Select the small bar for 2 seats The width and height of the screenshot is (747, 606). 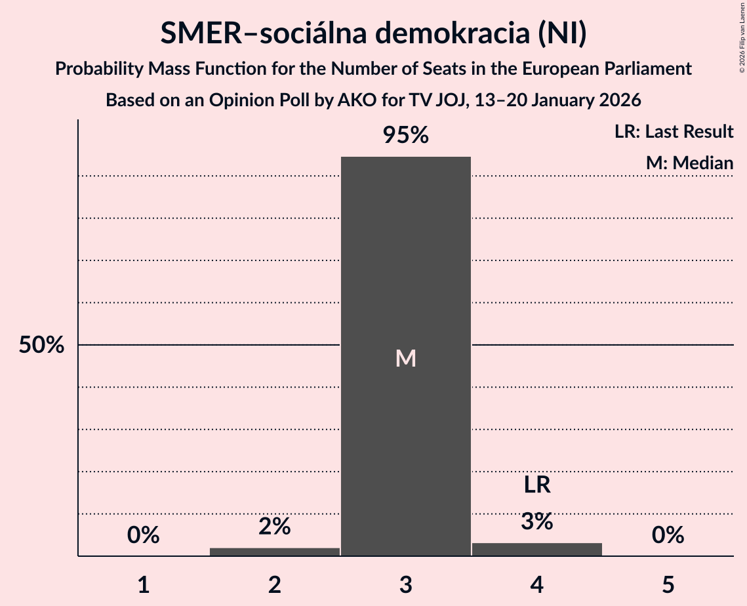[x=275, y=552]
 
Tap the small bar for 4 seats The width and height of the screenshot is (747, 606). [x=537, y=550]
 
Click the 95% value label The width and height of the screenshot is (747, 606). [x=406, y=136]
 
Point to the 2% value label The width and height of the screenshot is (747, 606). [x=275, y=526]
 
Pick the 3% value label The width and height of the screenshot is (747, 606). [x=537, y=521]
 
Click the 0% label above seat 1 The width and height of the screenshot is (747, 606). [x=144, y=535]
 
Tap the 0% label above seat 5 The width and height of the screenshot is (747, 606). [x=668, y=535]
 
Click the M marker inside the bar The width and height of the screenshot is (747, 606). [x=406, y=358]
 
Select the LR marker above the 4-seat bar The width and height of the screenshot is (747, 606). [x=537, y=485]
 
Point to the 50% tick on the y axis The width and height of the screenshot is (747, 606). [x=41, y=346]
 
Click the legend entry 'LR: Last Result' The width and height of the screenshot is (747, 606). [x=674, y=132]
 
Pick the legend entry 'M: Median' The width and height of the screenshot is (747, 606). [x=689, y=163]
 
